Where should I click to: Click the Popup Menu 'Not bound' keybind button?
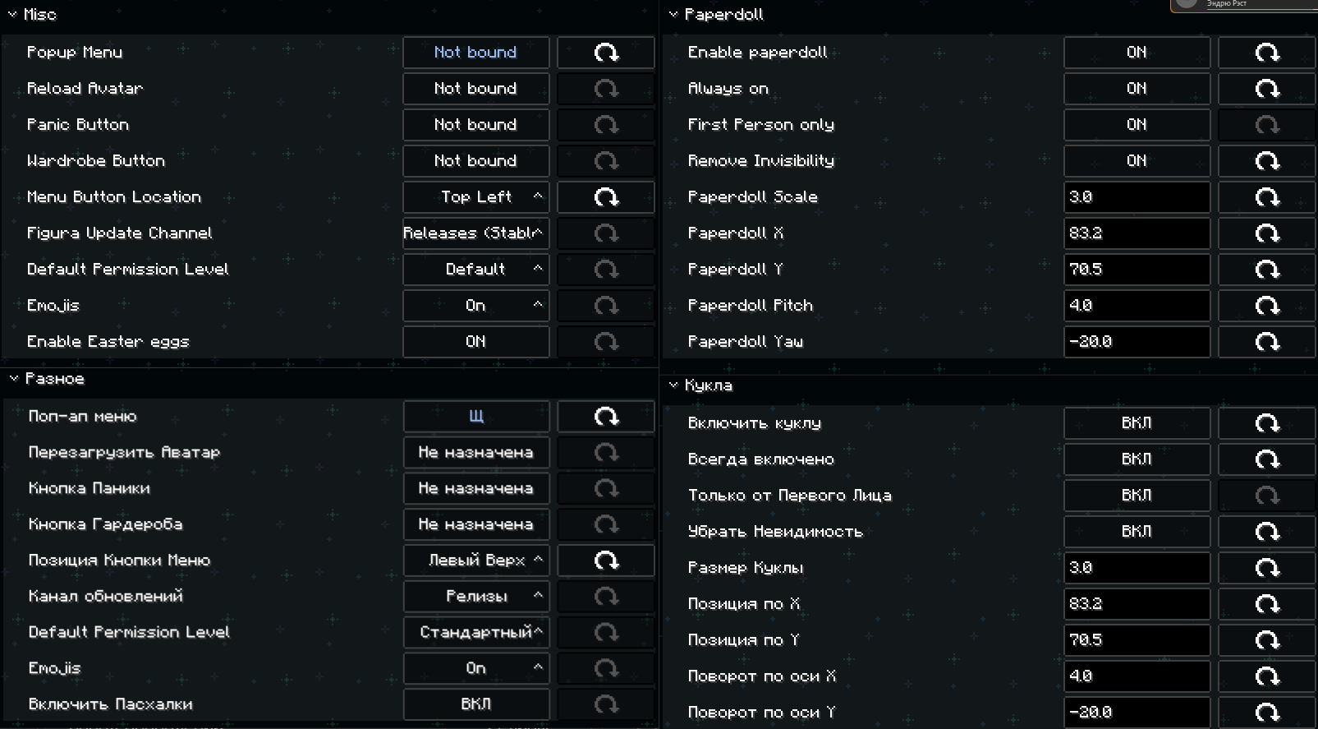click(476, 53)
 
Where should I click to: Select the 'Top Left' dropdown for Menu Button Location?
click(476, 196)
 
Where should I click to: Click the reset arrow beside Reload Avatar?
click(606, 89)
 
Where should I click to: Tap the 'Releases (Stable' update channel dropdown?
click(476, 233)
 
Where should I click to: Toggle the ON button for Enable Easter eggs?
click(476, 342)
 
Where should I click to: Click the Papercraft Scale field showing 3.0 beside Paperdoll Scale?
click(1137, 196)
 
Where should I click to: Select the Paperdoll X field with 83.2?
click(1137, 233)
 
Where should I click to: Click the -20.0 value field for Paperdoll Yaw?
click(1137, 342)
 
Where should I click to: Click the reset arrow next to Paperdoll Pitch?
click(1267, 306)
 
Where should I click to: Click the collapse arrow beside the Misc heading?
click(12, 14)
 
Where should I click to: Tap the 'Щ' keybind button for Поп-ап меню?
click(476, 417)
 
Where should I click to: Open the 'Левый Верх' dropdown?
click(476, 560)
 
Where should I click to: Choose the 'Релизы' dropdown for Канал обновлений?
click(476, 596)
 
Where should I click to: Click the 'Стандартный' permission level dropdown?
click(476, 632)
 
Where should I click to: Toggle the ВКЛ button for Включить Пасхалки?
click(476, 704)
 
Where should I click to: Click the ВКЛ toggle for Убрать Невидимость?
click(1137, 531)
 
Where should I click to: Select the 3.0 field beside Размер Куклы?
click(1137, 568)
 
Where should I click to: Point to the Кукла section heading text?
click(709, 385)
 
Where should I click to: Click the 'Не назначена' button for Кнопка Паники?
click(476, 488)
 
